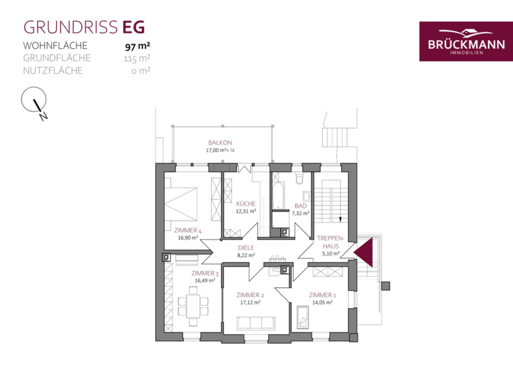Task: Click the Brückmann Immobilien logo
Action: click(x=466, y=41)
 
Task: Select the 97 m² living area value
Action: click(x=137, y=47)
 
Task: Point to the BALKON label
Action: click(x=220, y=143)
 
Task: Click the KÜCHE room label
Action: click(x=246, y=204)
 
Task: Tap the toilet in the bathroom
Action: click(x=300, y=177)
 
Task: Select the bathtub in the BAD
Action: click(x=278, y=196)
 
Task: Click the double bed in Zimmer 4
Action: click(x=181, y=199)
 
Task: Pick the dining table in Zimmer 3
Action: click(x=193, y=306)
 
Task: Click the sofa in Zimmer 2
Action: click(x=256, y=323)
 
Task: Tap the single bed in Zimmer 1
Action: click(x=303, y=317)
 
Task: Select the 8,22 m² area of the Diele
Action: click(x=246, y=256)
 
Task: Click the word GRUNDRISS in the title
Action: click(x=70, y=27)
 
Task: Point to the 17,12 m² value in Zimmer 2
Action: click(x=250, y=302)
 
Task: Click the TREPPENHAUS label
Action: click(x=331, y=242)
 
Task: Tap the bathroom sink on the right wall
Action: click(x=307, y=196)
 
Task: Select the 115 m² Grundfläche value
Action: click(x=137, y=59)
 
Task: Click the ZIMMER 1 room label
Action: click(x=322, y=295)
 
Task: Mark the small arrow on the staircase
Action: click(x=340, y=220)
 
